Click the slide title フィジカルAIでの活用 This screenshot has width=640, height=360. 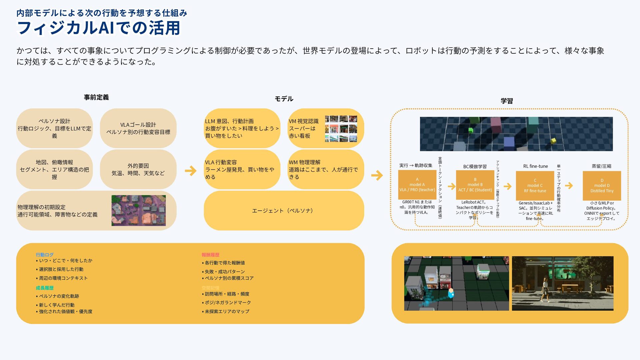pos(99,28)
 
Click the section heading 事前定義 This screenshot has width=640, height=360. pos(96,97)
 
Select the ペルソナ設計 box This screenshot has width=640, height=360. pos(54,128)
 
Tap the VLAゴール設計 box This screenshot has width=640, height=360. pos(138,128)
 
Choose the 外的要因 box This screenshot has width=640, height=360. pos(138,169)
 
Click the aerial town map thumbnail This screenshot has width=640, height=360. pos(138,210)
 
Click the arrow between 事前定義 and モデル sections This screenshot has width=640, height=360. pos(191,171)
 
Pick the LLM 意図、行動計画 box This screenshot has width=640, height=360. pos(242,128)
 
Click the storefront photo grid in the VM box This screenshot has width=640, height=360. pos(341,129)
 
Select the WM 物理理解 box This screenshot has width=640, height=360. pos(325,169)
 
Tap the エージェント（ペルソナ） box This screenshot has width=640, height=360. pos(283,211)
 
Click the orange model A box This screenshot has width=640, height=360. pos(417,185)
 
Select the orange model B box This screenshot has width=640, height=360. pos(475,185)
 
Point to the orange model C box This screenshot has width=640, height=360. pos(535,186)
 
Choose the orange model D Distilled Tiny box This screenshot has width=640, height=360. pos(602,186)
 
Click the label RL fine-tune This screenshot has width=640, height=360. pos(535,166)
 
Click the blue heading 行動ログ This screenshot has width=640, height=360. pos(45,255)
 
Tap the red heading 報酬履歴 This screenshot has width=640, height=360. pos(210,255)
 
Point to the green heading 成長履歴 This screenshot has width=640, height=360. pos(45,288)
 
